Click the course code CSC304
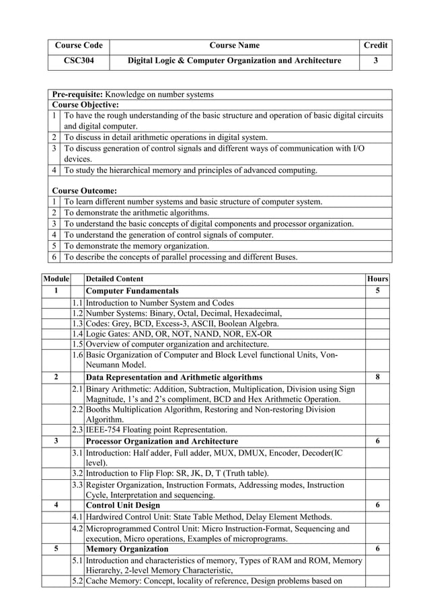(x=78, y=61)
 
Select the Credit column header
(x=375, y=46)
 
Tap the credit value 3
(x=375, y=61)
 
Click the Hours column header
(x=377, y=279)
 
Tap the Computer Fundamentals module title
(x=132, y=291)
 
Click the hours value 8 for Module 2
(x=377, y=377)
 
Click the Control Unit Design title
(x=123, y=505)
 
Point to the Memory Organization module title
(x=128, y=548)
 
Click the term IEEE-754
(x=104, y=429)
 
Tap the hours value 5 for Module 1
(x=377, y=291)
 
